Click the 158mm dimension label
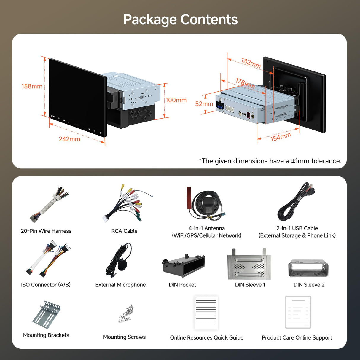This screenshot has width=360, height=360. (32, 86)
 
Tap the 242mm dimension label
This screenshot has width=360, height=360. (69, 139)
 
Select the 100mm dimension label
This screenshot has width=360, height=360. (176, 100)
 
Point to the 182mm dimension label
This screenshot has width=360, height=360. (251, 63)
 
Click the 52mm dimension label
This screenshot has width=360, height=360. (204, 104)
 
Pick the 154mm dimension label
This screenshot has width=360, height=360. (281, 137)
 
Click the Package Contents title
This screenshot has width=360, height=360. (180, 20)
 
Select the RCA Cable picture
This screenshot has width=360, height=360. (126, 204)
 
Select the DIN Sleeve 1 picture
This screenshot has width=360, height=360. (249, 264)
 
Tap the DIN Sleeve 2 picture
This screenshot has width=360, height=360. (308, 268)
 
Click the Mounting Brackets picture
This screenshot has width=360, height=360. (47, 314)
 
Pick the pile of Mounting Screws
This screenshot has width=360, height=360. (126, 313)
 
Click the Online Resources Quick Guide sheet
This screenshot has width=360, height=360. (206, 313)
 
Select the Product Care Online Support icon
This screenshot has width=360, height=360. (298, 312)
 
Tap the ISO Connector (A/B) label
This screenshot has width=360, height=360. (46, 285)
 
